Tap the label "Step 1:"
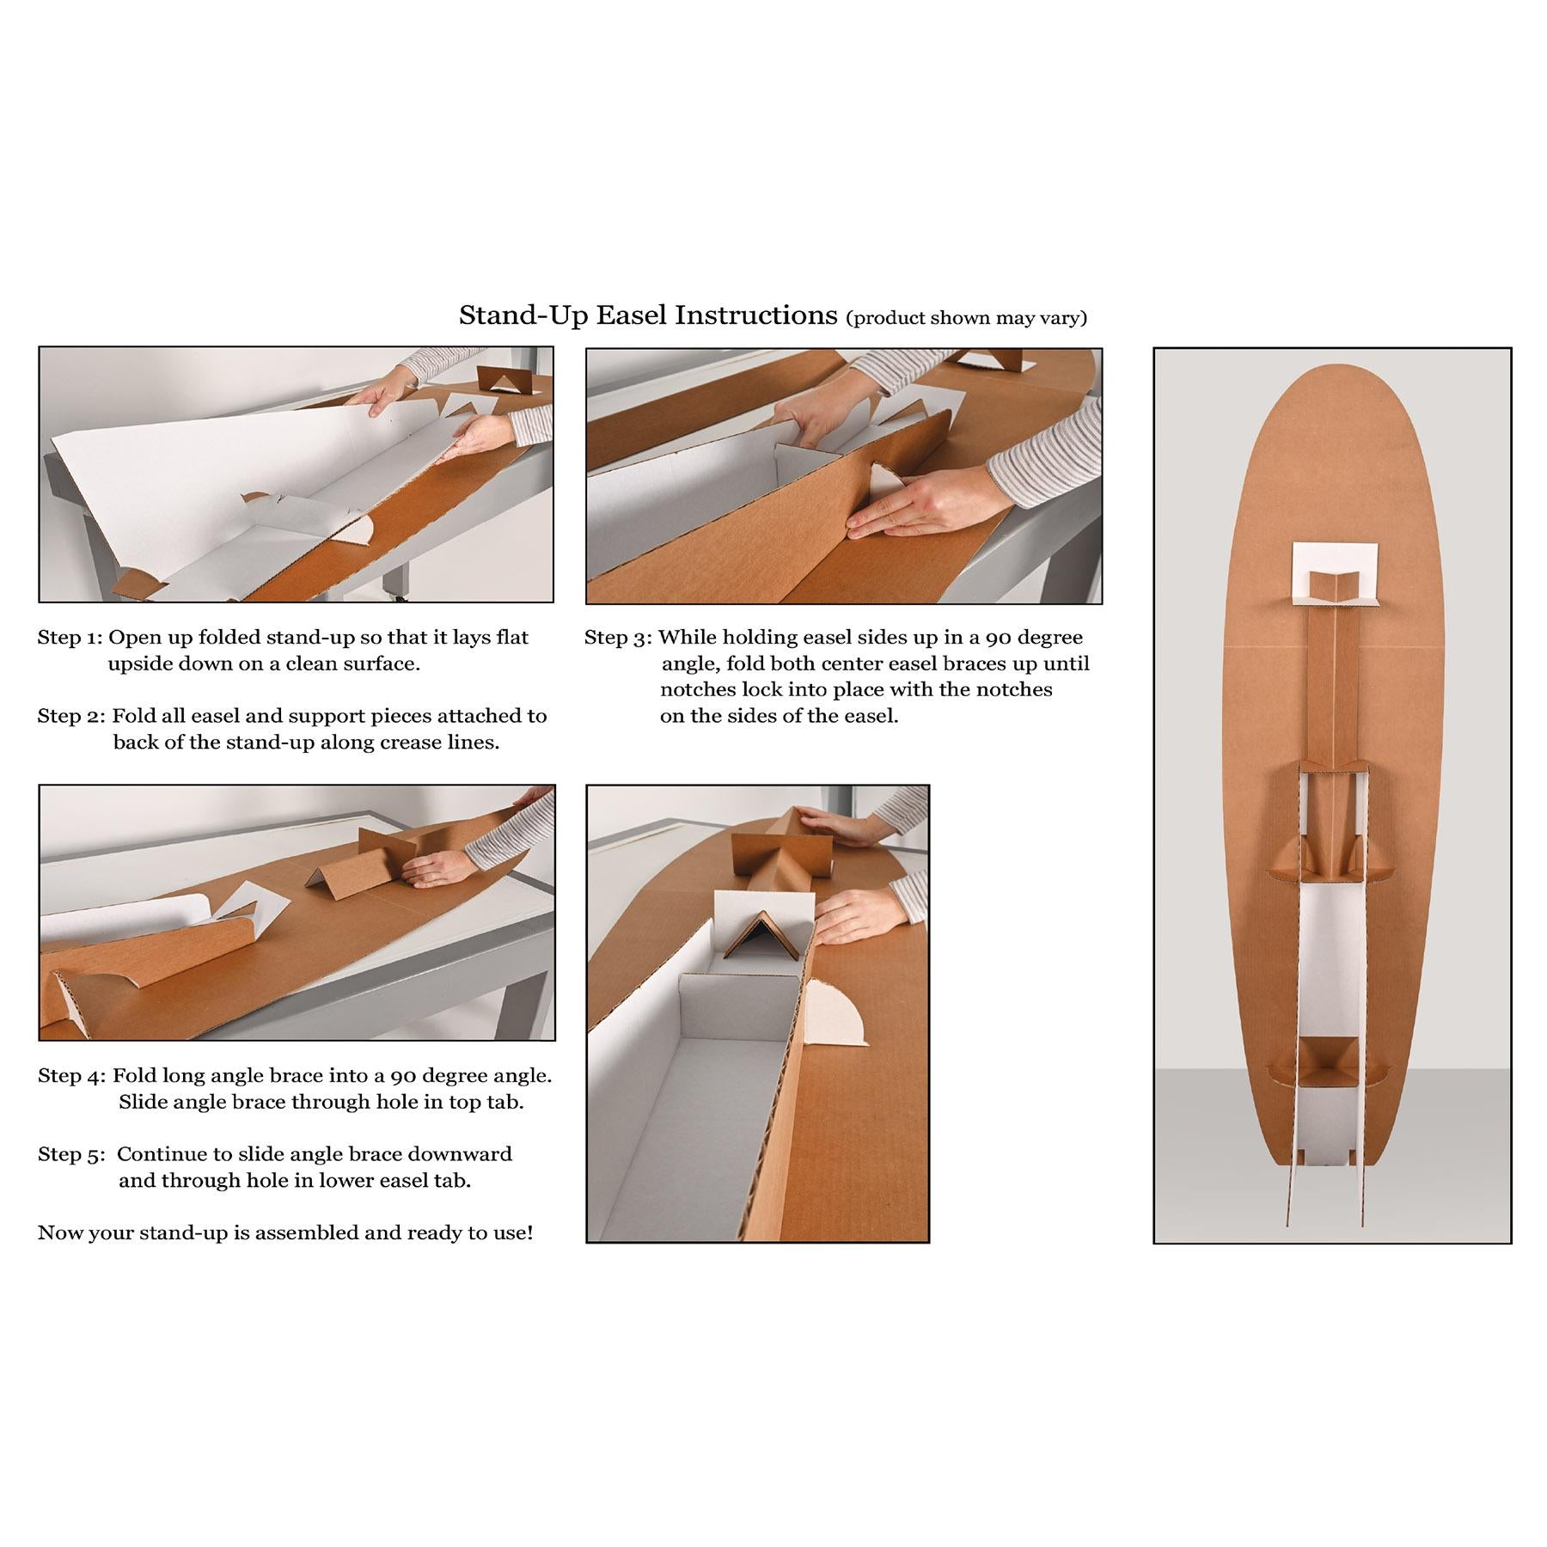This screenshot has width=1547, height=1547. click(x=70, y=638)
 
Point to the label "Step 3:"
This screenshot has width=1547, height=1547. click(x=617, y=638)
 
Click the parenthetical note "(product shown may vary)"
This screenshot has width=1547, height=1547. click(x=967, y=318)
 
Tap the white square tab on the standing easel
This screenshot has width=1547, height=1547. click(x=1331, y=572)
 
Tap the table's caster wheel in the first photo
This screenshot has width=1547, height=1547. click(x=392, y=593)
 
